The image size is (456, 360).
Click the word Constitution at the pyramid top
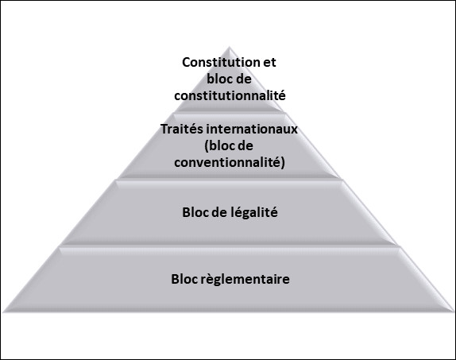tap(221, 62)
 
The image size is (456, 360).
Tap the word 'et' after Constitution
tap(269, 63)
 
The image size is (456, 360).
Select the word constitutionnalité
tap(230, 95)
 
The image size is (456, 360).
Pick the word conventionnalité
tap(227, 162)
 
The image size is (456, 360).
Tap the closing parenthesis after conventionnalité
tap(283, 163)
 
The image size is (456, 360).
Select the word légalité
tap(254, 213)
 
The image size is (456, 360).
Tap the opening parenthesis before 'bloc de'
tap(207, 146)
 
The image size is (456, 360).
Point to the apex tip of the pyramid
tap(229, 47)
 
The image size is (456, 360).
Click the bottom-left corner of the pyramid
tap(3, 312)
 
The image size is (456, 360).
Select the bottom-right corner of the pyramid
tap(454, 312)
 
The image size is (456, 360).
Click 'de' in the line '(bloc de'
tap(245, 145)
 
